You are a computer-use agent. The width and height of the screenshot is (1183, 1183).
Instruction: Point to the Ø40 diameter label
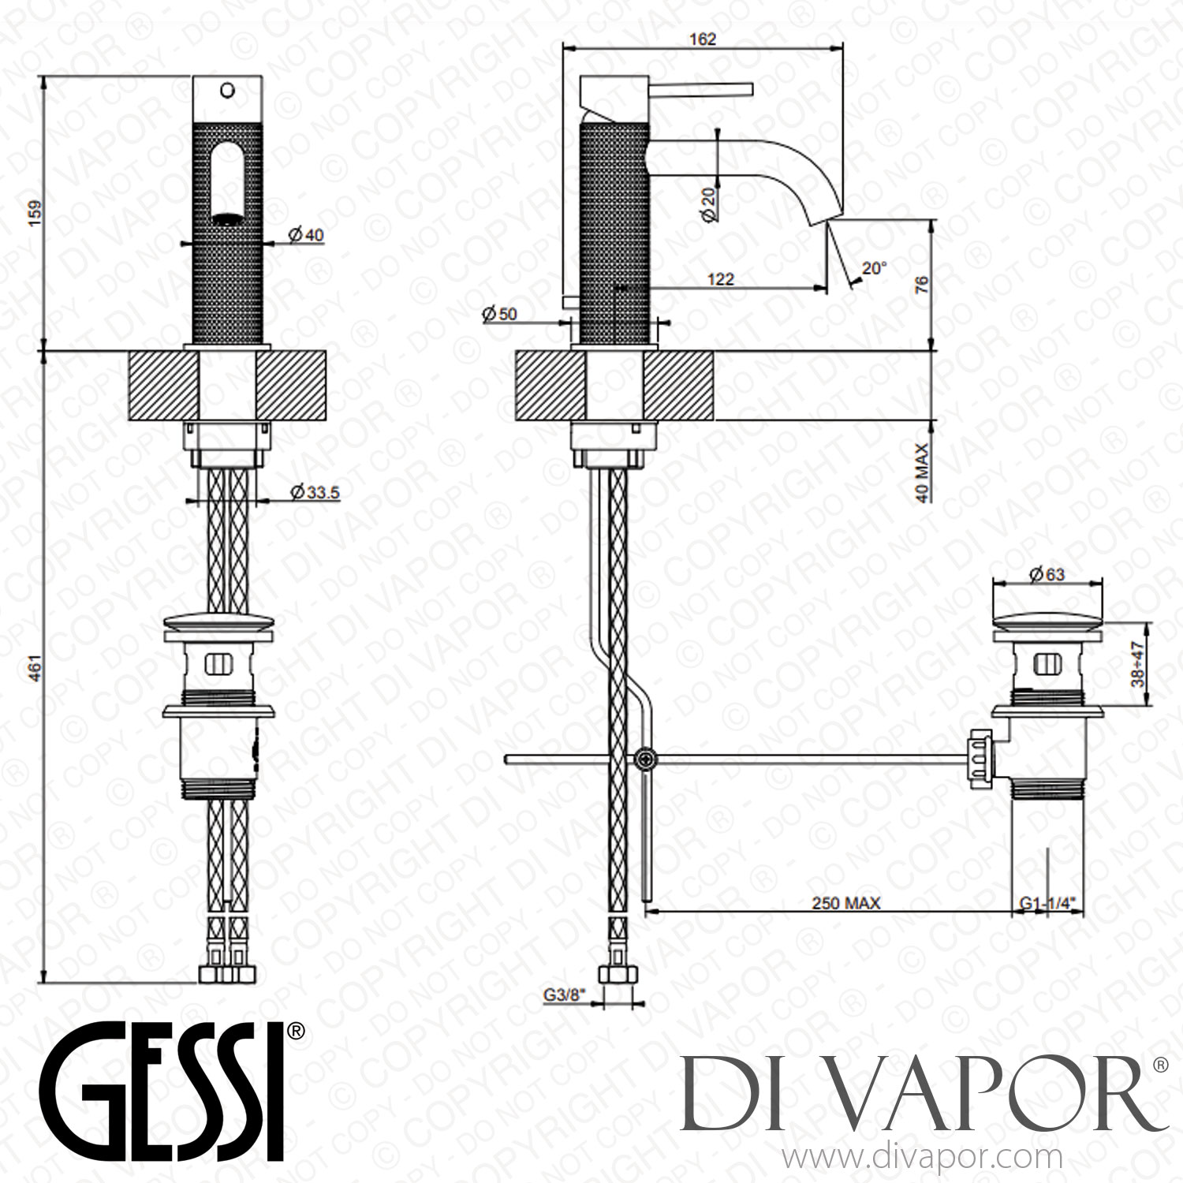[x=306, y=235]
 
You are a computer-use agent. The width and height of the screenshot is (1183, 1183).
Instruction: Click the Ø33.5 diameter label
[x=314, y=493]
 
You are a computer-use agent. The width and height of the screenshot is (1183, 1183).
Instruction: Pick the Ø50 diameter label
[x=498, y=314]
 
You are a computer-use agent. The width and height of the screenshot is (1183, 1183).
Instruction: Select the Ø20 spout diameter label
[x=707, y=203]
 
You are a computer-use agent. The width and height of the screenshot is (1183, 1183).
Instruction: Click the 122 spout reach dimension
[x=720, y=278]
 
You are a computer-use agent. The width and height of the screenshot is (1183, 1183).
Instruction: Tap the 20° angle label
[x=874, y=268]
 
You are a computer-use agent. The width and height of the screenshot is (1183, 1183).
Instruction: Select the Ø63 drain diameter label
[x=1047, y=574]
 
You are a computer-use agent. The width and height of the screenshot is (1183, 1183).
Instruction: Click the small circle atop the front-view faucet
[x=228, y=91]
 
